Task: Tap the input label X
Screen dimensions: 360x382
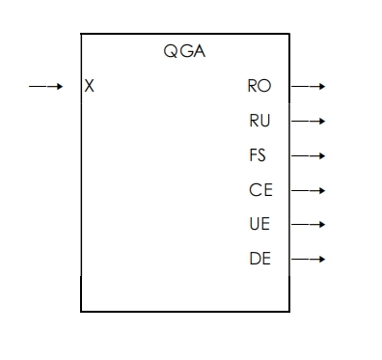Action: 90,87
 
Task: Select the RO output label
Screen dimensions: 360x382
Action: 259,87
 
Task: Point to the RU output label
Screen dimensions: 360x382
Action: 259,121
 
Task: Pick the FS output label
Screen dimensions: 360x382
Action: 258,155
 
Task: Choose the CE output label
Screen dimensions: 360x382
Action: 260,190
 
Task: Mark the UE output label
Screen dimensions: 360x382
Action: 259,225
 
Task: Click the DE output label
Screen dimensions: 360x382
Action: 259,259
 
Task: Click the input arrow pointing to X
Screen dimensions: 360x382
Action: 45,87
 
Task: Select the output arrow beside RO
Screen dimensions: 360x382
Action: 308,87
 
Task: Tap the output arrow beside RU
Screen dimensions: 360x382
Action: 308,122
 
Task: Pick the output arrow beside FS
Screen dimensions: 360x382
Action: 308,155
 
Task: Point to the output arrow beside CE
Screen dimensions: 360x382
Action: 308,190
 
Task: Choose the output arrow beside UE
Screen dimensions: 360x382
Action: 308,225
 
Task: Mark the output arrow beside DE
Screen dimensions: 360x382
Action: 308,259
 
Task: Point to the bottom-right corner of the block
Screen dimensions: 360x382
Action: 289,311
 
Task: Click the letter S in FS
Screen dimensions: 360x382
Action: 262,155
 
